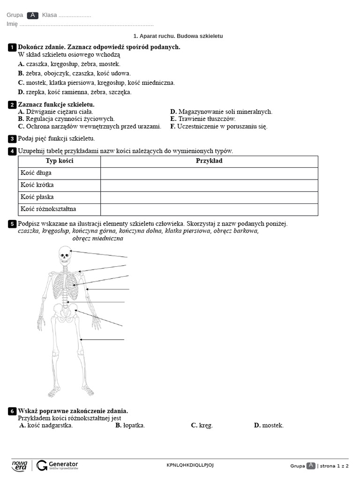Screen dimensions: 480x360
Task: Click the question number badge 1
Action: [12, 47]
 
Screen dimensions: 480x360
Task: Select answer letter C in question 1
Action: [21, 83]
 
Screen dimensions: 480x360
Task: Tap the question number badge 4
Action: [12, 151]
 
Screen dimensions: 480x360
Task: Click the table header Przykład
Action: [209, 161]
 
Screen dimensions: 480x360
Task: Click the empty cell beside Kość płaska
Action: [209, 197]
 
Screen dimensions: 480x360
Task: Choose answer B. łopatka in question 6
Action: [130, 426]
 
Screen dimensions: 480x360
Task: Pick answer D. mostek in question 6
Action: [269, 426]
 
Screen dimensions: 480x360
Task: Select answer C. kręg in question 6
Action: [202, 426]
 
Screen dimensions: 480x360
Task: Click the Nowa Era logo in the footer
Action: [20, 465]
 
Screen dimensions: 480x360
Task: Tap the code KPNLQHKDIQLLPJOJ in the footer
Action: [190, 465]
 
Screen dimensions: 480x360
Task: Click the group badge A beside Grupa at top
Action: [32, 15]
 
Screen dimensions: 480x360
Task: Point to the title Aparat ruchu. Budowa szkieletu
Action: [178, 36]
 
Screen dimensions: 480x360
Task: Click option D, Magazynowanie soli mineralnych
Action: [221, 112]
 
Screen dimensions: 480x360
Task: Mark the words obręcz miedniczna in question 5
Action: [98, 239]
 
